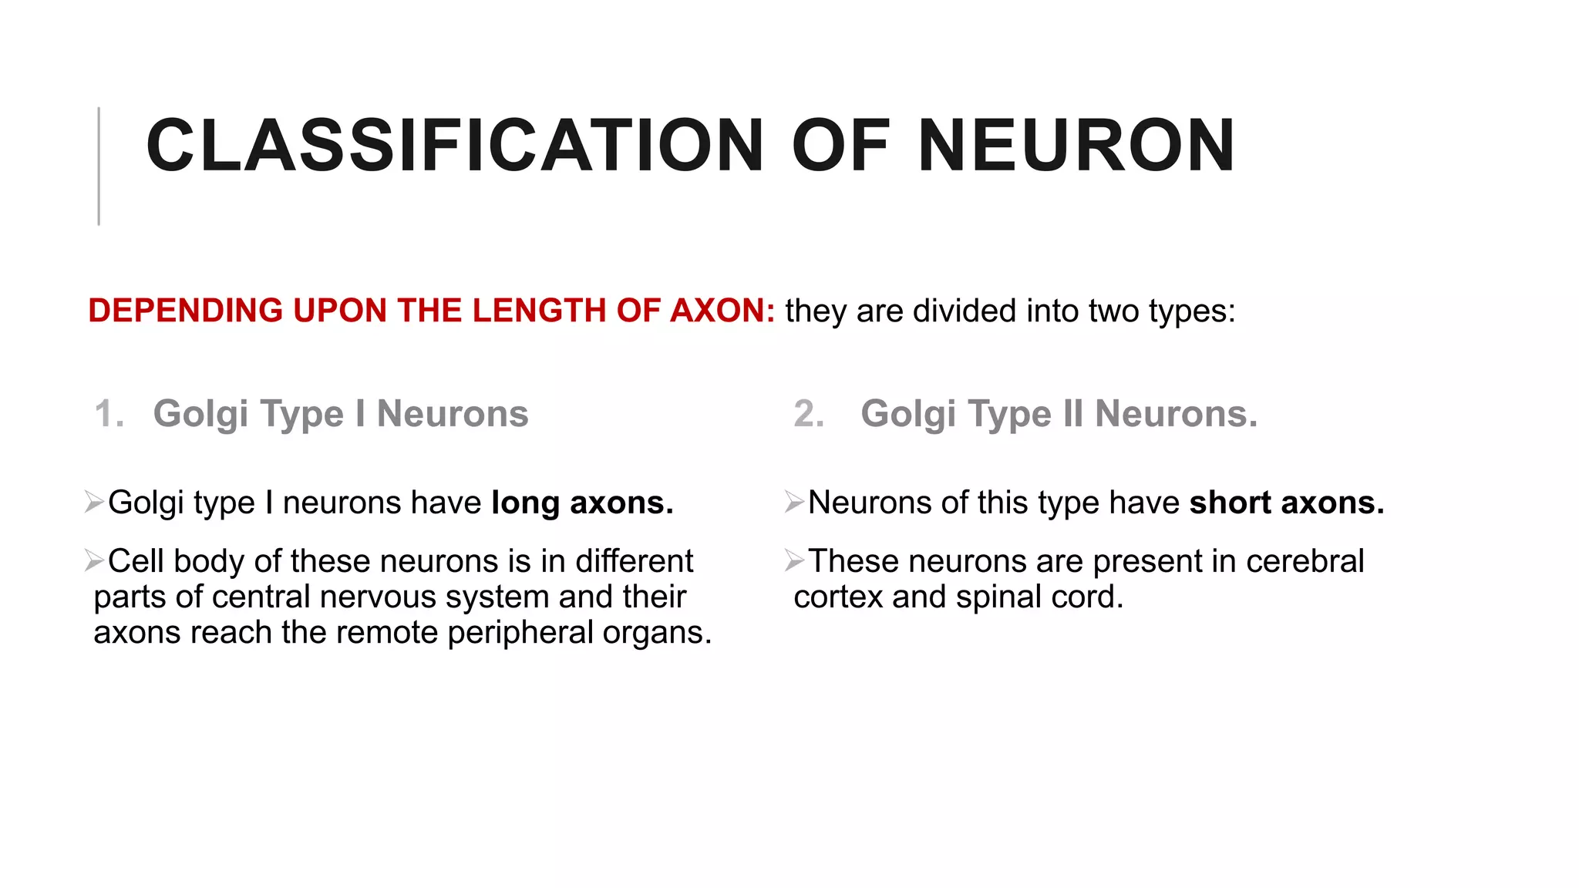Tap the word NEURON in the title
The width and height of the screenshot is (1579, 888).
tap(1076, 146)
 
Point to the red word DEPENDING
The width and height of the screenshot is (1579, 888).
tap(186, 311)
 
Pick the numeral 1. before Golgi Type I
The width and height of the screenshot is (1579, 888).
tap(109, 414)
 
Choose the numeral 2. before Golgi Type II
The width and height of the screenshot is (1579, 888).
tap(809, 414)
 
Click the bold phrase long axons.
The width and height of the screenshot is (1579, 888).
tap(583, 503)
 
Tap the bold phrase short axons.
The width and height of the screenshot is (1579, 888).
tap(1287, 503)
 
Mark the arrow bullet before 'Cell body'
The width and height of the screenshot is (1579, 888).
tap(94, 560)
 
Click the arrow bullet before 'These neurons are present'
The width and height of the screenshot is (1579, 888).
tap(794, 560)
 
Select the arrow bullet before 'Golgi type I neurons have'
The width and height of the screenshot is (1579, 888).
tap(94, 502)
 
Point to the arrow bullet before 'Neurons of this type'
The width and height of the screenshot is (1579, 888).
tap(794, 502)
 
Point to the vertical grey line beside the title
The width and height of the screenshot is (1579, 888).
tap(99, 166)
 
